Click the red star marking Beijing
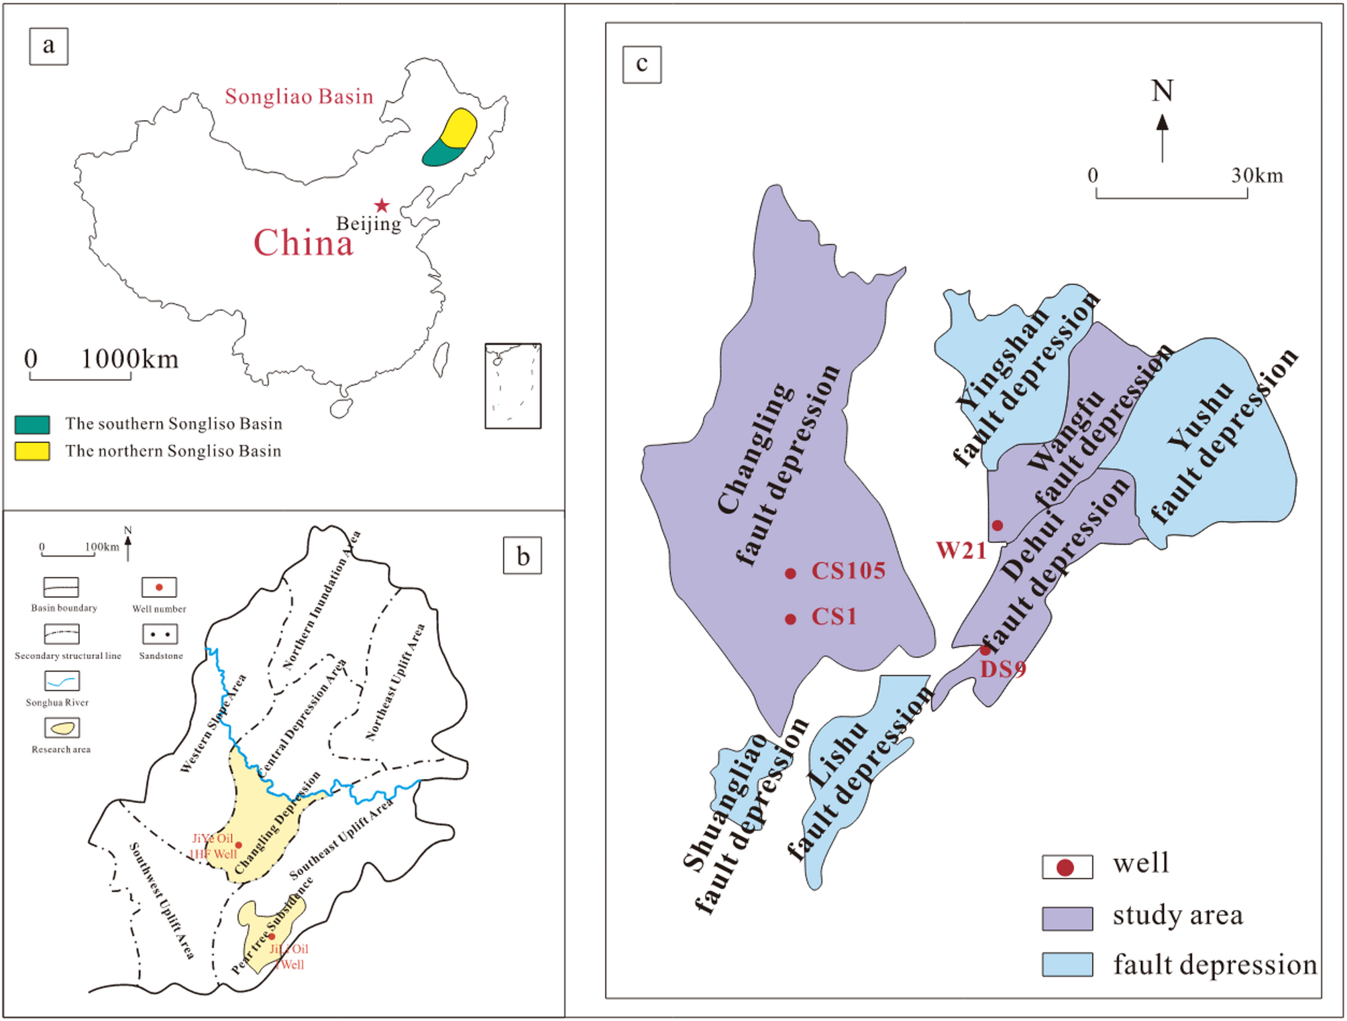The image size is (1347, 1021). pyautogui.click(x=382, y=205)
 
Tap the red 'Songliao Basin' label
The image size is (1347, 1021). pyautogui.click(x=299, y=97)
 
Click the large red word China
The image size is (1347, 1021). pyautogui.click(x=303, y=243)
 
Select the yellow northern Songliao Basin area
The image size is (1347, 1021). pyautogui.click(x=460, y=127)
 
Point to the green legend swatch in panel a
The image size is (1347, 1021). pyautogui.click(x=32, y=424)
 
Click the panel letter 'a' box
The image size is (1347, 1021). pyautogui.click(x=48, y=46)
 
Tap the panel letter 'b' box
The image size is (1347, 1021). pyautogui.click(x=522, y=556)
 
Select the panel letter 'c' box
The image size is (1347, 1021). pyautogui.click(x=641, y=64)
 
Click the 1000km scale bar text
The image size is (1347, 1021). pyautogui.click(x=129, y=359)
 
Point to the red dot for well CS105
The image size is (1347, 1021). pyautogui.click(x=790, y=573)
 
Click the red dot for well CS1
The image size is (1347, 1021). pyautogui.click(x=790, y=619)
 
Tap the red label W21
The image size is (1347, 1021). pyautogui.click(x=961, y=551)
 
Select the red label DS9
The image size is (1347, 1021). pyautogui.click(x=1003, y=669)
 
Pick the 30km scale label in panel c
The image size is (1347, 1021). pyautogui.click(x=1256, y=176)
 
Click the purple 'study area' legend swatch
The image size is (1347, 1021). pyautogui.click(x=1067, y=918)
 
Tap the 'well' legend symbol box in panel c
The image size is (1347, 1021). pyautogui.click(x=1067, y=867)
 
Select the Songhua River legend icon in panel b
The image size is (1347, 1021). pyautogui.click(x=62, y=681)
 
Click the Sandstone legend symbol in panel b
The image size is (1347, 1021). pyautogui.click(x=160, y=634)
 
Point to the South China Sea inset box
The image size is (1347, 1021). pyautogui.click(x=513, y=386)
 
